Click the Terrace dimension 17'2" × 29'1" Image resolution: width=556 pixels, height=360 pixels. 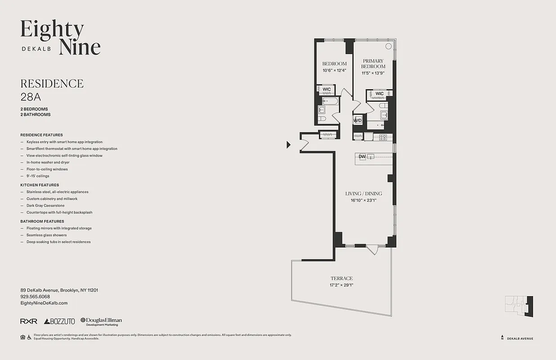click(341, 285)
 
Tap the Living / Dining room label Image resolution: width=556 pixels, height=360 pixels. click(363, 193)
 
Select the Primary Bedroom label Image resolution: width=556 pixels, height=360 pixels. click(373, 63)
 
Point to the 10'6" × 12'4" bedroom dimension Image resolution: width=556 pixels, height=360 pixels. click(334, 70)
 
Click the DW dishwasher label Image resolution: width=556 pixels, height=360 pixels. click(362, 157)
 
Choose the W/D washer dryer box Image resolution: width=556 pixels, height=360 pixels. click(358, 121)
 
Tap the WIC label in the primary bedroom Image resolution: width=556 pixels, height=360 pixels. click(380, 94)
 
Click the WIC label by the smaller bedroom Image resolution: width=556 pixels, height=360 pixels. click(327, 89)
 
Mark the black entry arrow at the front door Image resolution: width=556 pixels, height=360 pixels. click(289, 144)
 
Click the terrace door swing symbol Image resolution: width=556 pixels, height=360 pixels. click(372, 249)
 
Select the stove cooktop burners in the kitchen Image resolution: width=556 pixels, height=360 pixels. click(383, 138)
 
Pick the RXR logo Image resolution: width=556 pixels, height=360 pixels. click(29, 321)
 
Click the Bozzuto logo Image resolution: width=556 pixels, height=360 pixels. click(59, 321)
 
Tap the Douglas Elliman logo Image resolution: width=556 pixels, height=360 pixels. click(101, 321)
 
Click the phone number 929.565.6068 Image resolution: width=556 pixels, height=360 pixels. click(35, 297)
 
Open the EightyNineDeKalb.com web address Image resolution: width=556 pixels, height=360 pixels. click(44, 303)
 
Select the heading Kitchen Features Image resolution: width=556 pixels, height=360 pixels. click(40, 185)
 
